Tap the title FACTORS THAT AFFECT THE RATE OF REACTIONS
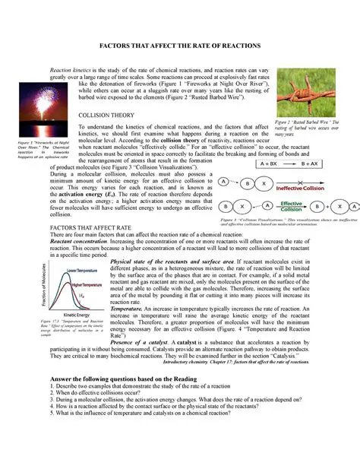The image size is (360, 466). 180,46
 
